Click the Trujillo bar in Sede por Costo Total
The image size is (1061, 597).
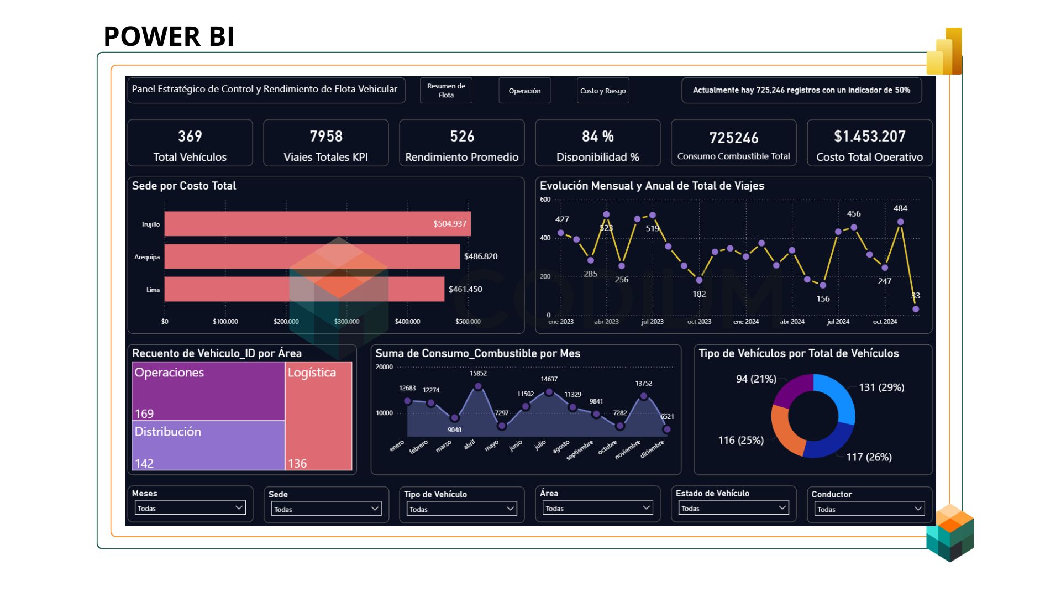pos(317,224)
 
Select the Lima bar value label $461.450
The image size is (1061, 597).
pos(465,289)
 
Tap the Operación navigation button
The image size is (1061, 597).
pos(524,91)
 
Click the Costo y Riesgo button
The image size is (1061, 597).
pos(602,91)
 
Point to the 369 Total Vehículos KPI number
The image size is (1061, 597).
pos(190,136)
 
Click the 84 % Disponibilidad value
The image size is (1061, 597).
pos(597,136)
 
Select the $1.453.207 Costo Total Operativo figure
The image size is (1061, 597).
pos(869,136)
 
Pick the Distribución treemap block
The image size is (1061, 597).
pos(208,446)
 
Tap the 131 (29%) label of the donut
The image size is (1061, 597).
pos(881,387)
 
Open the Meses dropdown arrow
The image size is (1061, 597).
pos(239,507)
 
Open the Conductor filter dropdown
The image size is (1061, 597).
pos(918,509)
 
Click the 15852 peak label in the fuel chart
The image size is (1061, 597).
pos(478,374)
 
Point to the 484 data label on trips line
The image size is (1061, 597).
pos(900,208)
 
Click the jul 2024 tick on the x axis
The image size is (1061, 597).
pos(838,322)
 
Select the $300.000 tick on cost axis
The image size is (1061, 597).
pos(346,322)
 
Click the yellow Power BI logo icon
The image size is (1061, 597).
pos(945,52)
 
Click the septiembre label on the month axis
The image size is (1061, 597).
pos(580,450)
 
